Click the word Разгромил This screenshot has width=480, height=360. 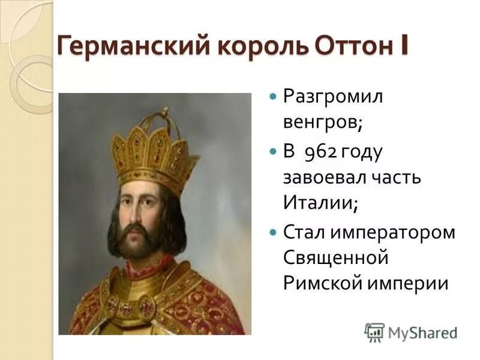[x=333, y=97]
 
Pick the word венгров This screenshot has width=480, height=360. [x=321, y=123]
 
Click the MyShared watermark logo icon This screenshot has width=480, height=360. [x=374, y=332]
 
